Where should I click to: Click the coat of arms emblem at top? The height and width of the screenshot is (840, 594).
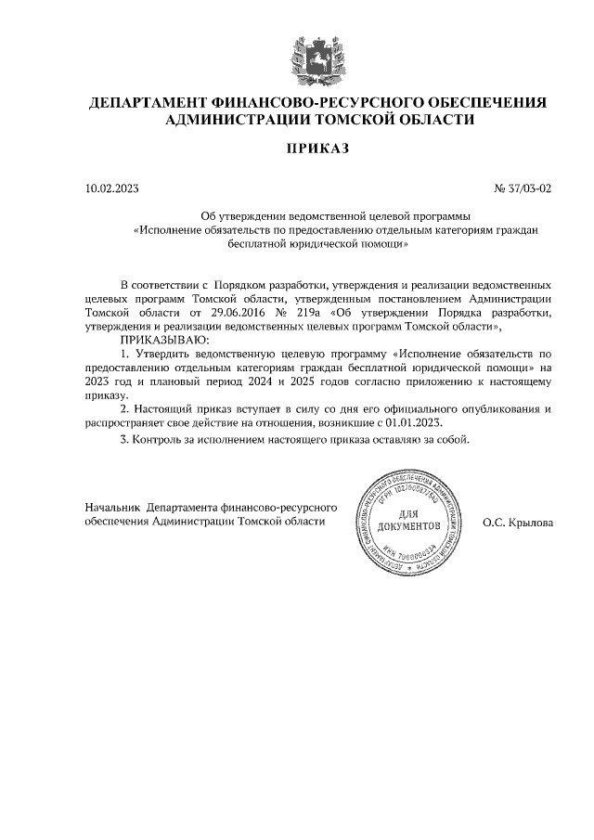click(x=316, y=56)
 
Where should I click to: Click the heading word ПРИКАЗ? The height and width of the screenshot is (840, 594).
click(x=316, y=149)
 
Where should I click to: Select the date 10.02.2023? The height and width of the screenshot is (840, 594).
click(x=111, y=188)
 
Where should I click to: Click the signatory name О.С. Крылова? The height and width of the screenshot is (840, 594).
click(x=517, y=523)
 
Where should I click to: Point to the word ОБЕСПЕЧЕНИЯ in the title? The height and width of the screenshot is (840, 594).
click(x=487, y=102)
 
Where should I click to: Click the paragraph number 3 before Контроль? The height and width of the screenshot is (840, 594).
click(x=124, y=439)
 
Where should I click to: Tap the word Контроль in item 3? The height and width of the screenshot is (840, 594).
click(x=160, y=439)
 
